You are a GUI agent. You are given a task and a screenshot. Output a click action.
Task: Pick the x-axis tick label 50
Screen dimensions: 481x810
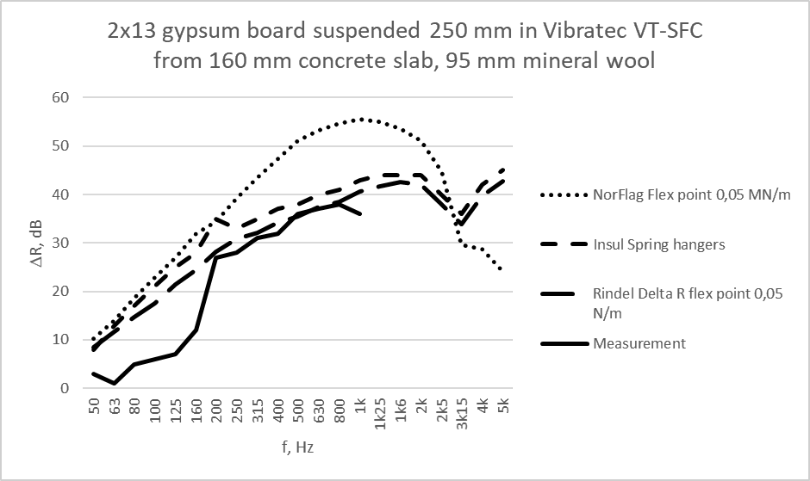[x=94, y=408]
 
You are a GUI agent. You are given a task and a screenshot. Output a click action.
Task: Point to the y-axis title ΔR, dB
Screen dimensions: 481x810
[x=26, y=243]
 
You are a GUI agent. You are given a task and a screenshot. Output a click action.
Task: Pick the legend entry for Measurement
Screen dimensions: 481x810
[x=639, y=343]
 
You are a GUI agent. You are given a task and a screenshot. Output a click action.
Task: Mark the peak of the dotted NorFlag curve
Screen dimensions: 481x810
[x=360, y=120]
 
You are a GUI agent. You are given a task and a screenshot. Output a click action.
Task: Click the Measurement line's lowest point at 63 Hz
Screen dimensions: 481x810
[x=115, y=383]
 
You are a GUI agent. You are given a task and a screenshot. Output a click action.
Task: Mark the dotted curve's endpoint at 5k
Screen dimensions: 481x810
[x=502, y=269]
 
